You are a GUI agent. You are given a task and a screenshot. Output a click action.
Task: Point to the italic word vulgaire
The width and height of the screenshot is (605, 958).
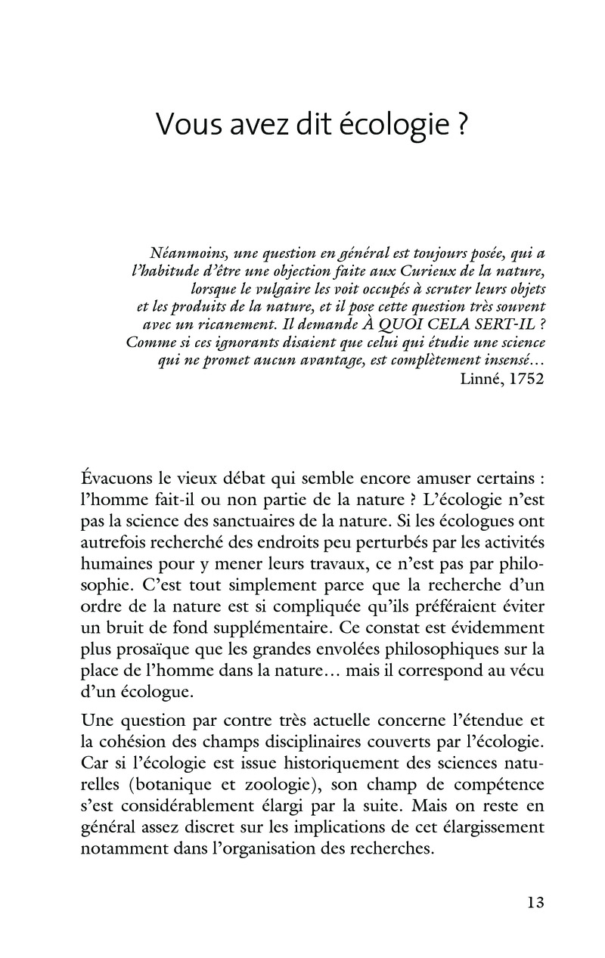pos(293,289)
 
